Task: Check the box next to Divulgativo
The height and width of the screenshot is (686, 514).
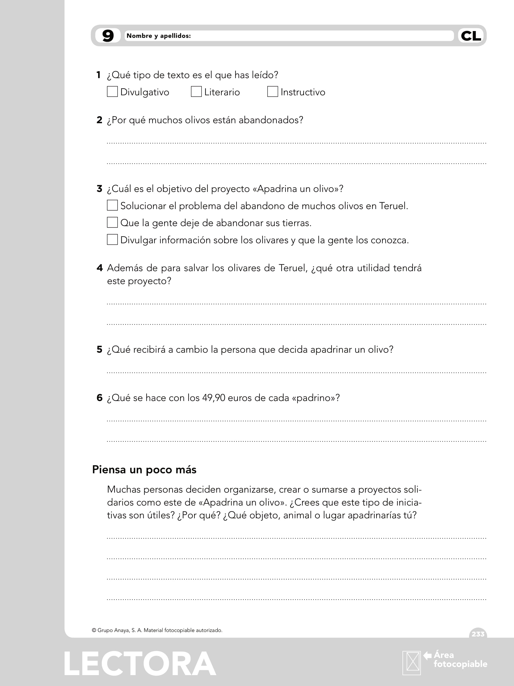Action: click(112, 92)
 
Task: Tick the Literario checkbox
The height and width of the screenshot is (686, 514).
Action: click(196, 92)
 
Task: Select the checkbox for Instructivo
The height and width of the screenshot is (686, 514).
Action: click(272, 92)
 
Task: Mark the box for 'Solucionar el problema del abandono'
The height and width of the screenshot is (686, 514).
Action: click(112, 205)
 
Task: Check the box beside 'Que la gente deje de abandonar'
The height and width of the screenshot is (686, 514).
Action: click(112, 222)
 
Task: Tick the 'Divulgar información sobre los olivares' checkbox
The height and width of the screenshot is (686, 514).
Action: click(112, 240)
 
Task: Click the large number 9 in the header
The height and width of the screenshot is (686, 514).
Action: click(108, 36)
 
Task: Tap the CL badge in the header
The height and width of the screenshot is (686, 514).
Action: click(471, 36)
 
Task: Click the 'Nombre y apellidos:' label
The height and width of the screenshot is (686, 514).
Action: click(158, 36)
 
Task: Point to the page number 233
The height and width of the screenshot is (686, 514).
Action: click(478, 634)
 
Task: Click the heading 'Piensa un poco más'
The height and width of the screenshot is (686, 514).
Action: click(144, 470)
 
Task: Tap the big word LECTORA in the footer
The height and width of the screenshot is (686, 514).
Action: click(140, 664)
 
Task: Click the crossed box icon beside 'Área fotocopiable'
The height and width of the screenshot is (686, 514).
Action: click(412, 663)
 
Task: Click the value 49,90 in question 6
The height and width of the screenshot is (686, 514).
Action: click(214, 398)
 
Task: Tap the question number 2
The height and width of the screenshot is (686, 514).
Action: click(99, 120)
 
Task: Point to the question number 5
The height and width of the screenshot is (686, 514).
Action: click(99, 350)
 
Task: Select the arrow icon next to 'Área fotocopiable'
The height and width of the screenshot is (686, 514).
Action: click(428, 655)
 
